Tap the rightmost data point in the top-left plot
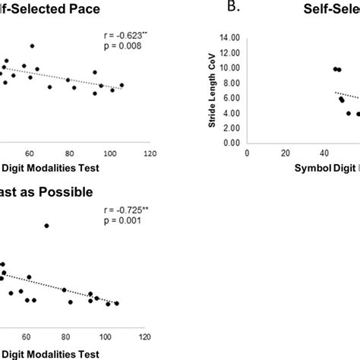click(x=122, y=85)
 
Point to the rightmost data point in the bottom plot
click(x=116, y=303)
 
